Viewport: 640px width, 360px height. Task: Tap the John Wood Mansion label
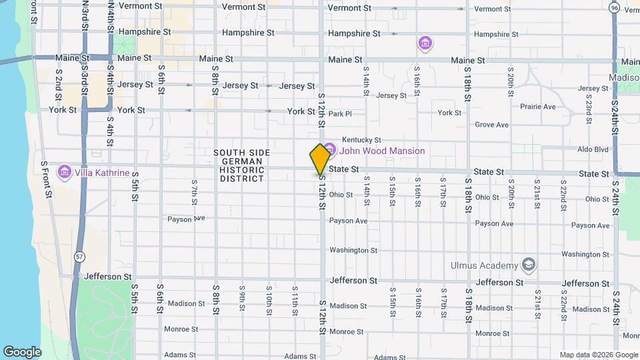pos(382,151)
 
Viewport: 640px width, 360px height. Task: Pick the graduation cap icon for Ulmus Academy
pos(529,265)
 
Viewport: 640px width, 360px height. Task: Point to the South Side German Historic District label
pos(241,165)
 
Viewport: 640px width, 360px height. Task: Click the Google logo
pos(22,351)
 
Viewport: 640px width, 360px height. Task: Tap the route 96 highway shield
pos(613,7)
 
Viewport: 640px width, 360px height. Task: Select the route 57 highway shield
pos(79,256)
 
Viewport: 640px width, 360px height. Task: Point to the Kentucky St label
pos(361,140)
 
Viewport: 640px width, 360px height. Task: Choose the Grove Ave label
pos(492,125)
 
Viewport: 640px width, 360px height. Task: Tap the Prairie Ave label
pos(538,107)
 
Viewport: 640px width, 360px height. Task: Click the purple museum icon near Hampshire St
pos(425,44)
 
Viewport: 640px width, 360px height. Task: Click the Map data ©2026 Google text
pos(598,354)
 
